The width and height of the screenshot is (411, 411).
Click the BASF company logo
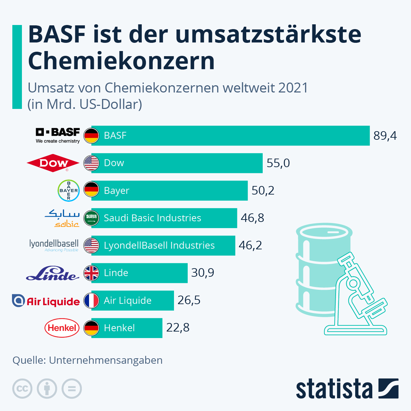coord(58,136)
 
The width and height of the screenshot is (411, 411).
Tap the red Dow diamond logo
coord(53,163)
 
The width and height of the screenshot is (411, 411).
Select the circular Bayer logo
coord(68,190)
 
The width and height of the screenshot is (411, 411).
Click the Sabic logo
coord(62,218)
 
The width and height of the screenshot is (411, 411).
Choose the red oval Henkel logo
coord(62,328)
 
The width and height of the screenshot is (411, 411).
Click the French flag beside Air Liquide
coord(91,300)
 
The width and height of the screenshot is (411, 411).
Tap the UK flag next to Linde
coord(91,273)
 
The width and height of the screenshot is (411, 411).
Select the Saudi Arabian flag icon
coord(91,218)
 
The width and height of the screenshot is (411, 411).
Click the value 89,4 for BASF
coord(385,136)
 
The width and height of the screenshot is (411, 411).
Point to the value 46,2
coord(250,245)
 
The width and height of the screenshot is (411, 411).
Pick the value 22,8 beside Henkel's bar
coord(178,328)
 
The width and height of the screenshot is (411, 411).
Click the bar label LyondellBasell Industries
coord(159,246)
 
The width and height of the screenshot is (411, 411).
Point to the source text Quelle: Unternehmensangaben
coord(87,360)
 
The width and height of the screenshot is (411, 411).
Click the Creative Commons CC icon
coord(22,389)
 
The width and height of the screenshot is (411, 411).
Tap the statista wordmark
coord(334,389)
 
